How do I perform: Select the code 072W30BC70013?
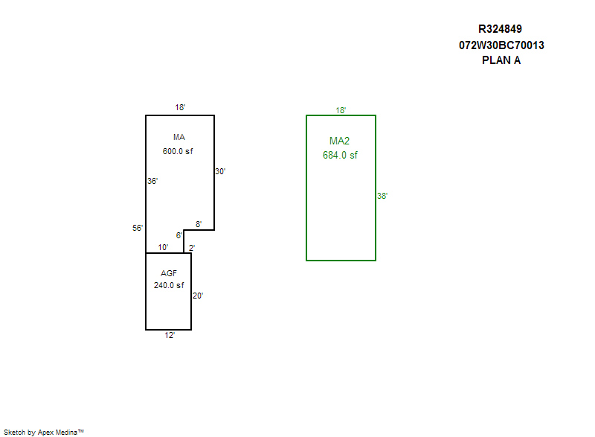(x=501, y=45)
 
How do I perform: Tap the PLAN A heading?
(x=501, y=61)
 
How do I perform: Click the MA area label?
(x=178, y=137)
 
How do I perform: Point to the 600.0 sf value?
(x=178, y=151)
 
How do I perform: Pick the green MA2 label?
(x=340, y=141)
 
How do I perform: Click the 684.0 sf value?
(x=340, y=156)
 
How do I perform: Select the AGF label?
(x=169, y=273)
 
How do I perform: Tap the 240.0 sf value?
(x=169, y=285)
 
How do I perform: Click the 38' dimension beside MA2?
(x=382, y=197)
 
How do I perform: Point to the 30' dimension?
(x=220, y=171)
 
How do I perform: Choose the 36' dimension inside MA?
(x=152, y=181)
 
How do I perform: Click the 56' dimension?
(x=138, y=229)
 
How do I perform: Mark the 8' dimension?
(x=199, y=224)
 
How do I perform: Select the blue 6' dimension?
(x=179, y=235)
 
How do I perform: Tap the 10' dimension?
(x=163, y=248)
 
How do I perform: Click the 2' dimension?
(x=191, y=248)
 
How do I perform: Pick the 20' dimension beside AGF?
(x=198, y=296)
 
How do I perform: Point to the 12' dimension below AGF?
(x=170, y=336)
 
